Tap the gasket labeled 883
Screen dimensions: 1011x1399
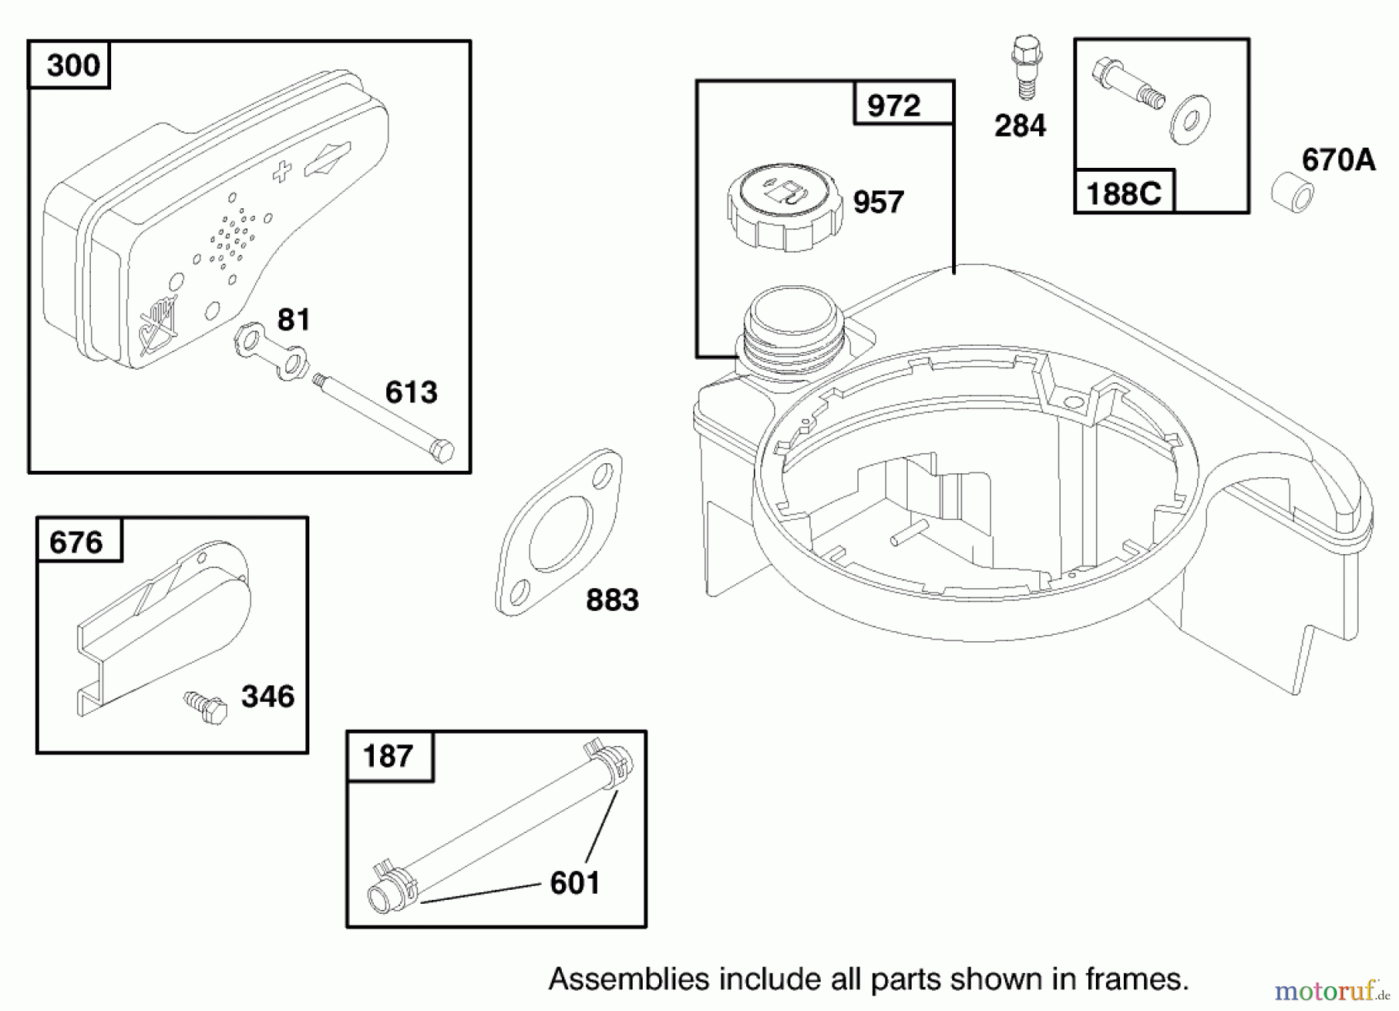[560, 532]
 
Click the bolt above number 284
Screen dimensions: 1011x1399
[1026, 67]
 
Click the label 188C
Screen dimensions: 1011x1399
[1124, 193]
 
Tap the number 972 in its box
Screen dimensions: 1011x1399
[894, 106]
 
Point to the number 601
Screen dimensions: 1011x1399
[574, 883]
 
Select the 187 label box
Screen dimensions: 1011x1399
[389, 755]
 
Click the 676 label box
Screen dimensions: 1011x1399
[77, 542]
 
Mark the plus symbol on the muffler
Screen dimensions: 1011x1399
[282, 172]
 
